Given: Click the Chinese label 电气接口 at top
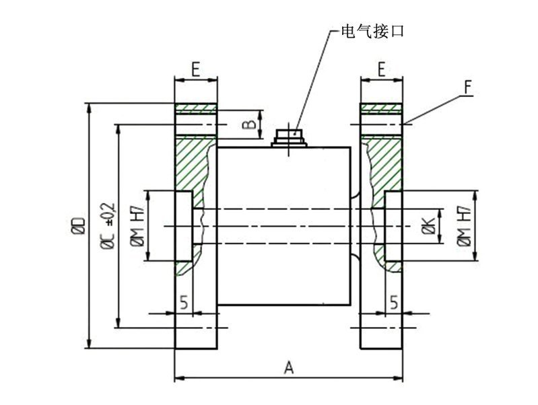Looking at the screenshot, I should click(372, 32).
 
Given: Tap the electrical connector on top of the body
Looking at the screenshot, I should click(290, 137).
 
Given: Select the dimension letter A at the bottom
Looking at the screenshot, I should click(290, 367).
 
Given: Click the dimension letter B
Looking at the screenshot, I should click(248, 124).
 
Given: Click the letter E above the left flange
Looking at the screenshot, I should click(195, 69).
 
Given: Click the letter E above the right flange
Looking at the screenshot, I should click(381, 69).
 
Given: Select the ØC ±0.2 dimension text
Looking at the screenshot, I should click(108, 226).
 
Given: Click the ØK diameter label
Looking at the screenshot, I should click(429, 227).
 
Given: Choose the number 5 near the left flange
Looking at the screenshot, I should click(184, 303).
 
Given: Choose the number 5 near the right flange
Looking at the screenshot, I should click(394, 303).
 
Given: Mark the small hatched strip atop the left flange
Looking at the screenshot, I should click(196, 108).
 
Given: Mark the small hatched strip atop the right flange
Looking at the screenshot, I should click(382, 108).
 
